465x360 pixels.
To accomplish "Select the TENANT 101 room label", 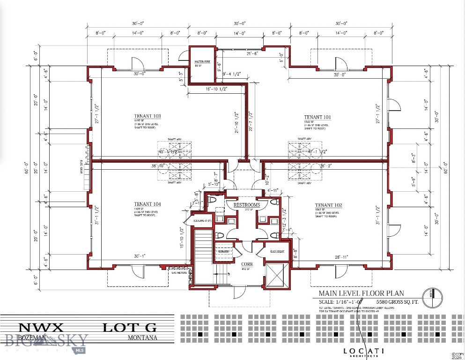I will point(317,117).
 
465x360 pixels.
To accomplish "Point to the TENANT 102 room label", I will point(328,205).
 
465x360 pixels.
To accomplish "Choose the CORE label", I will point(247,264).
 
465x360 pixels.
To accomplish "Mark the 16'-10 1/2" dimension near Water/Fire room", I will point(210,89).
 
